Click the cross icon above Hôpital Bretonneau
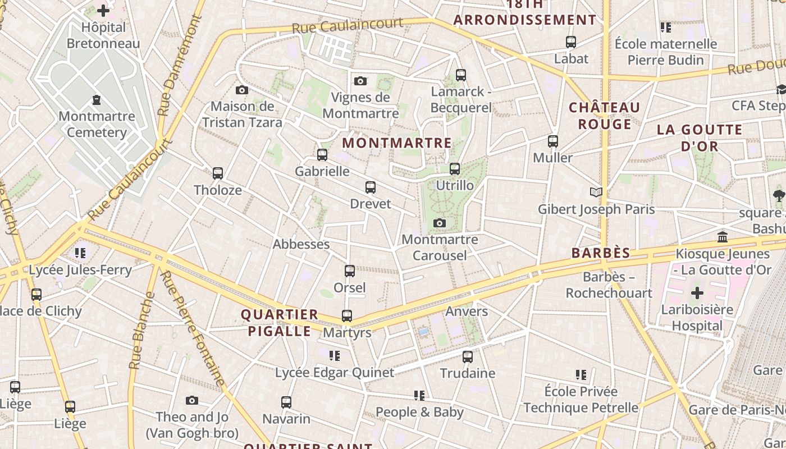pyautogui.click(x=103, y=10)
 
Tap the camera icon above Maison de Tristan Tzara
pyautogui.click(x=242, y=90)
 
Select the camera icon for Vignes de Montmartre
pyautogui.click(x=360, y=81)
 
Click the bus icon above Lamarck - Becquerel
pyautogui.click(x=461, y=75)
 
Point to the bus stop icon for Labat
pyautogui.click(x=571, y=42)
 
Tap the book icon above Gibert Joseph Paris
pyautogui.click(x=596, y=193)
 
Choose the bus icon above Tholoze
pyautogui.click(x=218, y=173)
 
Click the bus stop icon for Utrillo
pyautogui.click(x=455, y=168)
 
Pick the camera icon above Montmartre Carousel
pyautogui.click(x=440, y=223)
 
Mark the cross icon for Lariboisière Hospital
pyautogui.click(x=697, y=293)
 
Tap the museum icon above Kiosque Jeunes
pyautogui.click(x=723, y=237)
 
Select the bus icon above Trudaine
pyautogui.click(x=468, y=356)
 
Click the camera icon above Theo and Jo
pyautogui.click(x=192, y=400)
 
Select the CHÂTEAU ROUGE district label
pyautogui.click(x=605, y=116)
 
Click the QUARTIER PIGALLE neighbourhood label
pyautogui.click(x=280, y=323)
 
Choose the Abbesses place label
pyautogui.click(x=301, y=244)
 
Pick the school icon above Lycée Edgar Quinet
pyautogui.click(x=335, y=355)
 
